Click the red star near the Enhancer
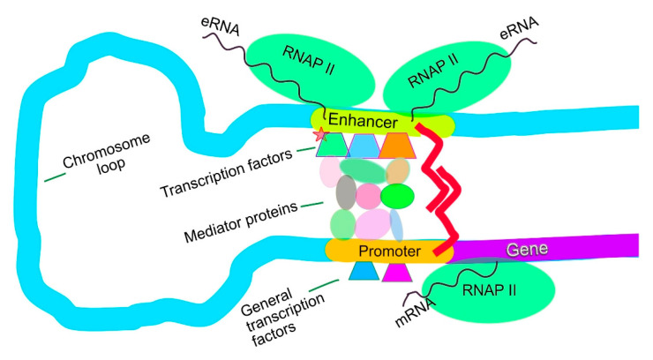pos(320,134)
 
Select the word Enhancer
pos(363,121)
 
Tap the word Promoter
pos(389,251)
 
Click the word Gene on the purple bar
pos(527,249)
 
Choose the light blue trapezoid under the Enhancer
pos(364,146)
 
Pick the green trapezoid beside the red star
pos(332,145)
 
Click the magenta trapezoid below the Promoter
pos(397,272)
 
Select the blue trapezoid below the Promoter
pos(364,271)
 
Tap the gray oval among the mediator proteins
pos(346,191)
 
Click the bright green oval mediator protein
pos(397,196)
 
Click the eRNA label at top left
pos(221,26)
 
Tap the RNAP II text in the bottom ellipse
pos(489,289)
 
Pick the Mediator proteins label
pos(241,222)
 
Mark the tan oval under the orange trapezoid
pos(398,171)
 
